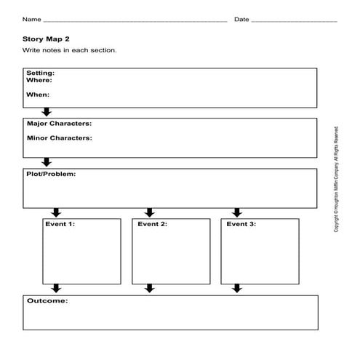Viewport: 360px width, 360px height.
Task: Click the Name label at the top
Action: (31, 20)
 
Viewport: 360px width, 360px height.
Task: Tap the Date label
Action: (241, 20)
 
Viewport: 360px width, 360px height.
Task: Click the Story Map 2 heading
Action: (46, 39)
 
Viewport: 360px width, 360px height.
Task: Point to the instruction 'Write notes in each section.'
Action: (69, 50)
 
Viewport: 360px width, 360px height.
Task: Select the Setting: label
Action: (41, 73)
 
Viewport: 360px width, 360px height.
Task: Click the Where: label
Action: (39, 80)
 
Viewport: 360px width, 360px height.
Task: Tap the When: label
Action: (38, 95)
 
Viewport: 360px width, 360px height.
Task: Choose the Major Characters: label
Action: (60, 124)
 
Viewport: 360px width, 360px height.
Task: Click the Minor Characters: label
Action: (60, 138)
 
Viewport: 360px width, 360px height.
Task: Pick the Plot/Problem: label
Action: (51, 174)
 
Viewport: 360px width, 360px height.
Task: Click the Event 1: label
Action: (60, 224)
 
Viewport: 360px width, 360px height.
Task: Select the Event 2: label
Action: (153, 224)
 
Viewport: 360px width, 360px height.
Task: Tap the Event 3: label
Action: (241, 224)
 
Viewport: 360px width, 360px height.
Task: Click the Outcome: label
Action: (47, 300)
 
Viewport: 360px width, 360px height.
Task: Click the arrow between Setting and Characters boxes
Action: (47, 112)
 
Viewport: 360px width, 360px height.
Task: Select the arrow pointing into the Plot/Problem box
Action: (47, 162)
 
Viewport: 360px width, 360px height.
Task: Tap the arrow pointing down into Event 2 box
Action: (150, 212)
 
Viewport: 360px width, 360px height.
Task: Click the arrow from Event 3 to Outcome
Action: (237, 288)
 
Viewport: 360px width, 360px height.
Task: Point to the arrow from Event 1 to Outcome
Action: (56, 288)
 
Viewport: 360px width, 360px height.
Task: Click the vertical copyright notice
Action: (336, 180)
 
